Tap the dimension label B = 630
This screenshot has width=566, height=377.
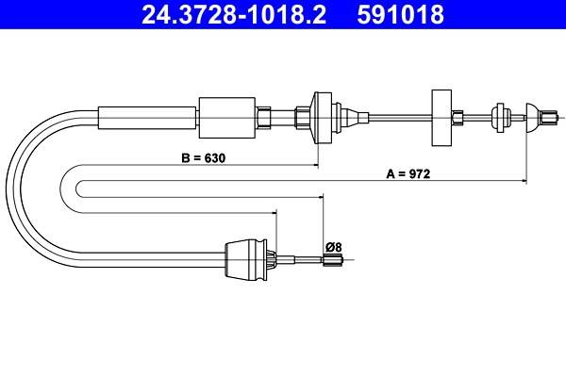point(205,157)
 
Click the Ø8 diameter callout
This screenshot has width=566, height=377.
point(333,247)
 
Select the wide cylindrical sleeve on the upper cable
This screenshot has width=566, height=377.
point(227,117)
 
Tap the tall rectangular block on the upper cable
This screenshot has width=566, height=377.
point(441,118)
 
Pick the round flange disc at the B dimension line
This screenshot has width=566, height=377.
point(318,117)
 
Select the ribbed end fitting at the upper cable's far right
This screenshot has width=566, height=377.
point(550,118)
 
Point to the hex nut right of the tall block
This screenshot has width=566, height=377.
point(458,118)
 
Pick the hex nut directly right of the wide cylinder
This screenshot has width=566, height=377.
point(266,117)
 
